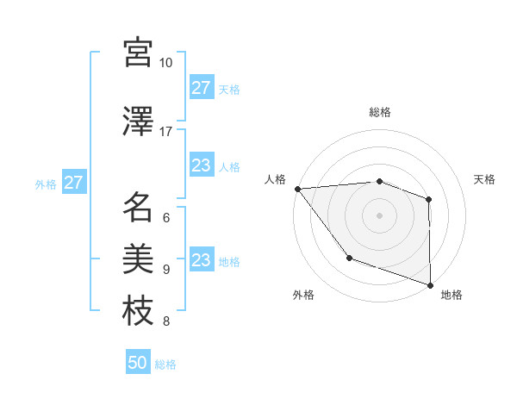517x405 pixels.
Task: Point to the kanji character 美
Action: pos(138,258)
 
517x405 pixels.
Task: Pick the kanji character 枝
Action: pos(138,310)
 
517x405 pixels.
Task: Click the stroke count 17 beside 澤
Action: pos(166,131)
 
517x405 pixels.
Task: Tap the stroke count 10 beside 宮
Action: pos(166,63)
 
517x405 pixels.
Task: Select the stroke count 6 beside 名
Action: pos(166,218)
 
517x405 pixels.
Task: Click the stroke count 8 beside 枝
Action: pos(166,322)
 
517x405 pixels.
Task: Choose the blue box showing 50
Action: pos(138,363)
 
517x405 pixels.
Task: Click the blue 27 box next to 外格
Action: pos(73,184)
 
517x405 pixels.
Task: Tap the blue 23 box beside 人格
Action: pos(202,166)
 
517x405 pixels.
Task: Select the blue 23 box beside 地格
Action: pos(202,261)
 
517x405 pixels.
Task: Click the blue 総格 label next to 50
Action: pos(165,364)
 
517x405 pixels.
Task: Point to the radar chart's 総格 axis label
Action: pos(379,112)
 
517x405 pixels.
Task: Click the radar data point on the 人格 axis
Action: pos(297,188)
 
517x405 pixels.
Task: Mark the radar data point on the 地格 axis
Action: pos(430,283)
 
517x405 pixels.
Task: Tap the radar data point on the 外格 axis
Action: pos(349,258)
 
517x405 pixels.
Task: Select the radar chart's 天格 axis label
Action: pos(485,179)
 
